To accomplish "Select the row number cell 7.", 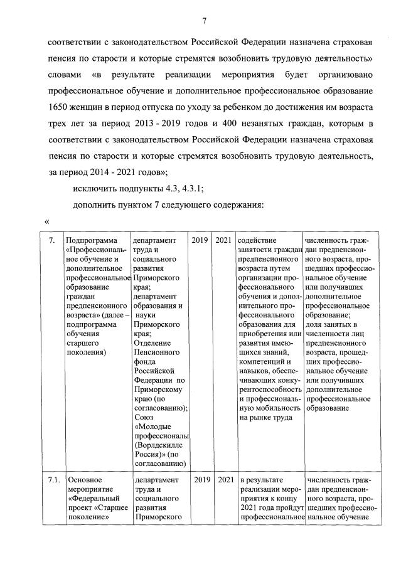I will coord(51,240).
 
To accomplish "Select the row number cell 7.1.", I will coord(54,480).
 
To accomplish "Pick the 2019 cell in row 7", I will coord(200,240).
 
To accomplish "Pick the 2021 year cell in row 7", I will coord(223,240).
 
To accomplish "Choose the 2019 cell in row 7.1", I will coord(200,480).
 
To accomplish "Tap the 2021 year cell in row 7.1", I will coord(223,480).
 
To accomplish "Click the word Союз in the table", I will coord(144,417).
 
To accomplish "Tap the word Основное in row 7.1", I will coord(83,480).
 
